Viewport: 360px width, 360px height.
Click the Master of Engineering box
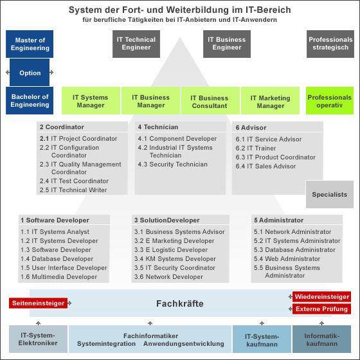(30, 44)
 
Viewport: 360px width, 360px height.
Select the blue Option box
(30, 72)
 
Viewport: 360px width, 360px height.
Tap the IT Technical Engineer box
(136, 44)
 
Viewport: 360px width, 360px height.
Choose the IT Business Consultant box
(210, 100)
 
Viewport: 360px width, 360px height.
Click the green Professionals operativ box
(330, 100)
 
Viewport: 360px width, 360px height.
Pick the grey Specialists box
(330, 194)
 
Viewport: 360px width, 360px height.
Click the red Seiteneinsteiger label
(39, 303)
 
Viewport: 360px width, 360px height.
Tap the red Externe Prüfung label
(321, 309)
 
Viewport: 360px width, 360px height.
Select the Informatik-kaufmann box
(321, 339)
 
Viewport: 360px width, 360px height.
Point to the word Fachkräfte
(180, 303)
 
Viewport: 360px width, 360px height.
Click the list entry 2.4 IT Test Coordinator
(74, 181)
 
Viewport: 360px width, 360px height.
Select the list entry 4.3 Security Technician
(173, 164)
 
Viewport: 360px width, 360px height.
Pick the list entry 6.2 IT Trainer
(256, 148)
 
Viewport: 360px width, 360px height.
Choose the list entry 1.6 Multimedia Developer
(59, 276)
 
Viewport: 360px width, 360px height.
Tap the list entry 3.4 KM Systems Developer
(175, 258)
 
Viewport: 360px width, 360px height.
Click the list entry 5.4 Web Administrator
(287, 258)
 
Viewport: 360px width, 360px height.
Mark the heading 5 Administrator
(279, 220)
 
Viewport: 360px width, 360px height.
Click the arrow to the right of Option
(51, 72)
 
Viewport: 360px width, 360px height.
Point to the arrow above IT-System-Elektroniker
(39, 323)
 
